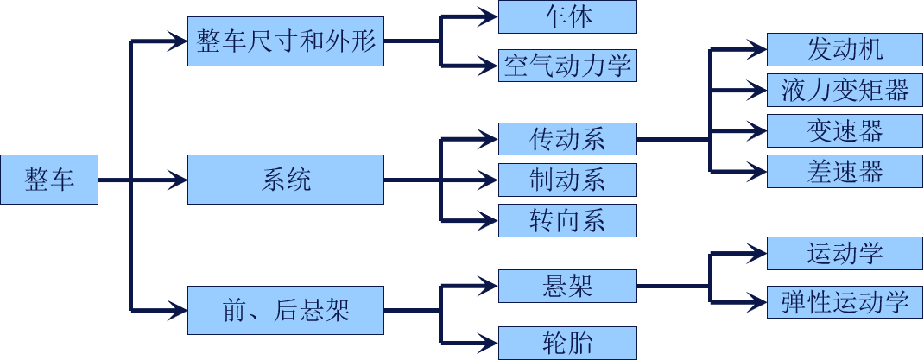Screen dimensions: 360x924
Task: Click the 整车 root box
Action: coord(49,180)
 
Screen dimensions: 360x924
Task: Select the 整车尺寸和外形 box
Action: coord(286,41)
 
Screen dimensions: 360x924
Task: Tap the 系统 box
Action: coord(286,180)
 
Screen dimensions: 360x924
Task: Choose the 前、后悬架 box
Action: coord(286,309)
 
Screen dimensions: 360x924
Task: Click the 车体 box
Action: coord(567,17)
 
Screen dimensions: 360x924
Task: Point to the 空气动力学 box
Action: coord(567,65)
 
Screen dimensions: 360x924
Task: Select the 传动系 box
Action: coord(567,139)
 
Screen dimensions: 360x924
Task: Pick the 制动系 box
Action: coord(567,180)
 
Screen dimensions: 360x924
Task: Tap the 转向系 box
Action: coord(567,220)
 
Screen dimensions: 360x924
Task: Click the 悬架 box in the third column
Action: coord(567,286)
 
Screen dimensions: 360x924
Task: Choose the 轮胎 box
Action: coord(567,342)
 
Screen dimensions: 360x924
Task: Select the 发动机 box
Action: coord(845,49)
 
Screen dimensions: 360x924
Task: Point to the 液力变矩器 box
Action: coord(845,90)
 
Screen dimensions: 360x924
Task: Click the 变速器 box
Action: coord(845,130)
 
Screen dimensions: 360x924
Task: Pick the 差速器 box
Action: coord(845,171)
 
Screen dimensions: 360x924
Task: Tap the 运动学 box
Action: coord(845,254)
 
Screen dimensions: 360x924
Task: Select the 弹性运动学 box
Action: coord(845,302)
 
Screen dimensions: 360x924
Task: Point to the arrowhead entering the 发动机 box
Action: coord(758,49)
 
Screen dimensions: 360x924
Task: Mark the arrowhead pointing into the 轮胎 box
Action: coord(489,342)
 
